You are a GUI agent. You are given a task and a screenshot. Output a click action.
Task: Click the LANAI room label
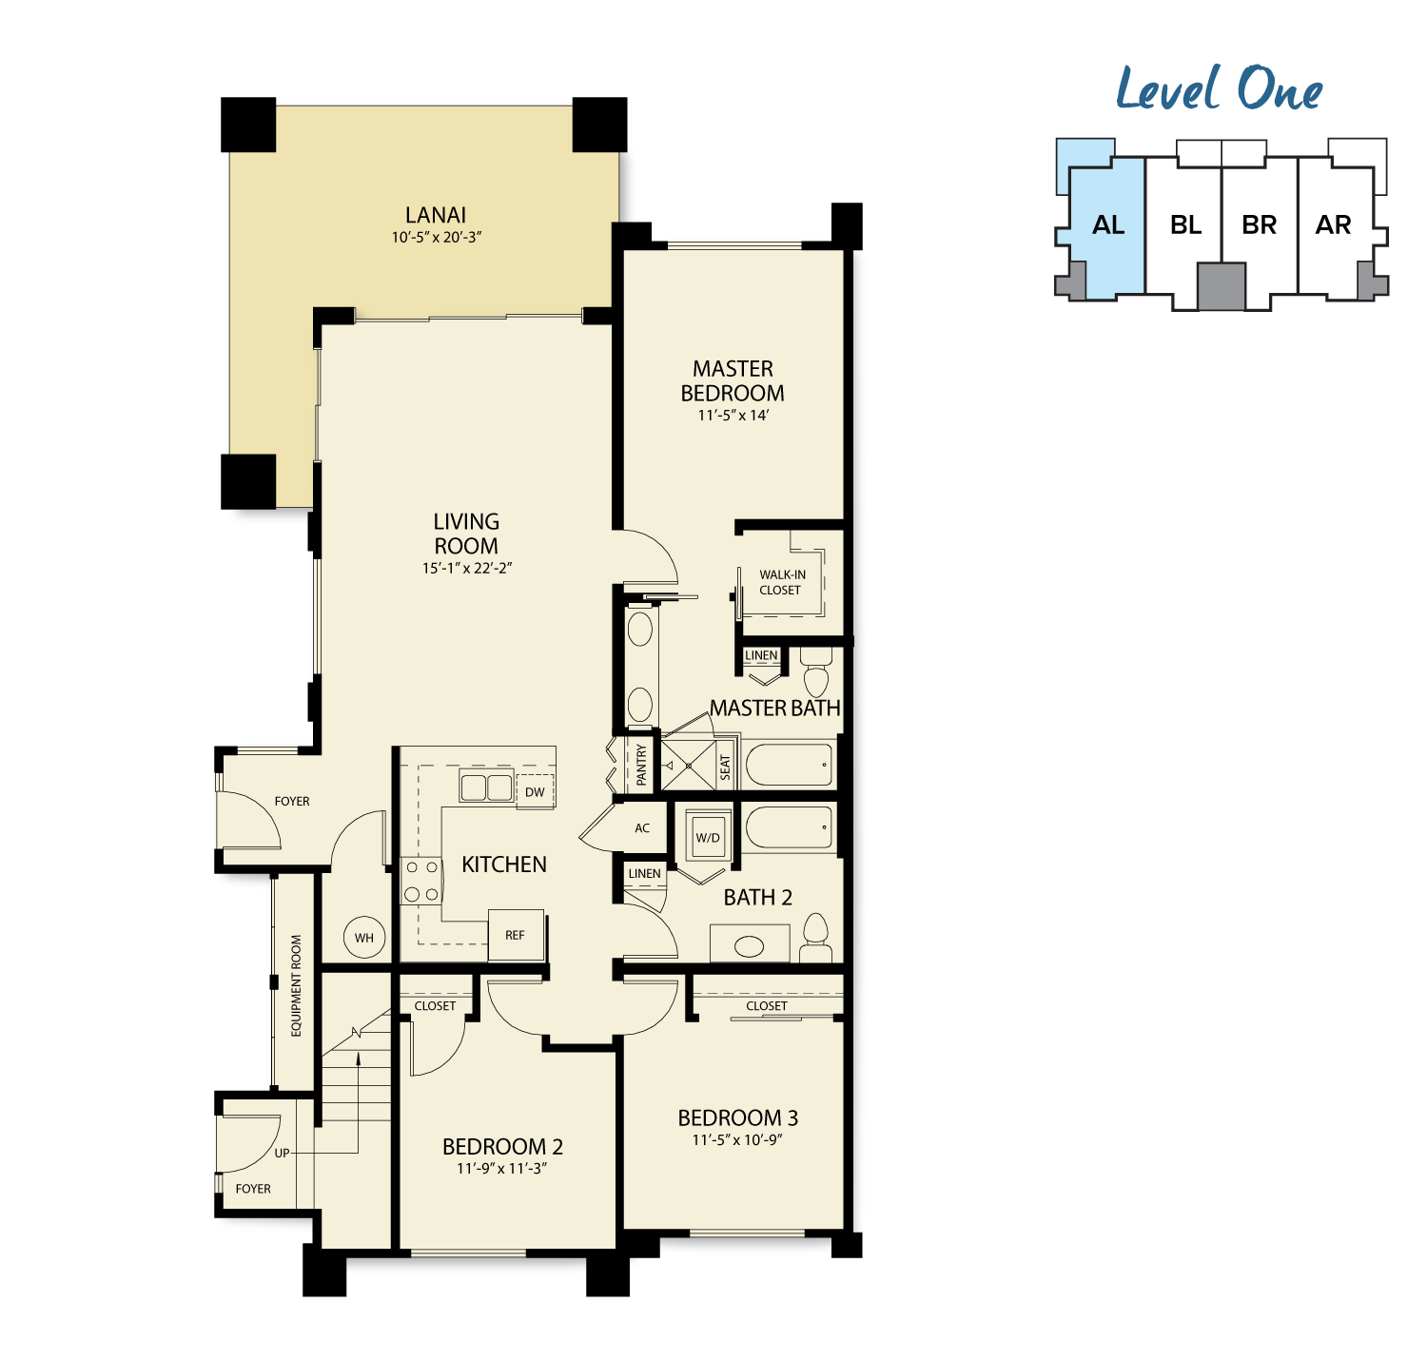tap(435, 215)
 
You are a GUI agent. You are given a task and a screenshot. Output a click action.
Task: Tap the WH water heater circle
tap(363, 937)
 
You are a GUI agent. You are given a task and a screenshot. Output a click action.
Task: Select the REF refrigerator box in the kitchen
tap(516, 935)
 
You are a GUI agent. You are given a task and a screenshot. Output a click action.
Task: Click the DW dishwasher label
tap(535, 792)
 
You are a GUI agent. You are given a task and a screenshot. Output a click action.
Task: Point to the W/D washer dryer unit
tap(708, 837)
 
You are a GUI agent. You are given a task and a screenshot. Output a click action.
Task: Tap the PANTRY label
tap(641, 764)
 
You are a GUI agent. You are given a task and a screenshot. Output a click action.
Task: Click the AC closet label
tap(642, 828)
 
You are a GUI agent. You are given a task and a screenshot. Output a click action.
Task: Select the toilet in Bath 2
tap(816, 938)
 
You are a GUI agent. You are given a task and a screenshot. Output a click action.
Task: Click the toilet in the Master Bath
tap(816, 672)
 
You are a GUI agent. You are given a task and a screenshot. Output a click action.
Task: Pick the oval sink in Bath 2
tap(749, 946)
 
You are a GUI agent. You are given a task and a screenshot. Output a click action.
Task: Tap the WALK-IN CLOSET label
tap(782, 582)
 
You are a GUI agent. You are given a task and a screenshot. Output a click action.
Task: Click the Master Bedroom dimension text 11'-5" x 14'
tap(733, 416)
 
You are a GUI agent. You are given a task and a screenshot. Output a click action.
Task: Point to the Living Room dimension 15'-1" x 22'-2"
tap(467, 568)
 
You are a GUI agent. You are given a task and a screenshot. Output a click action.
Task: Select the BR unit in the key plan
tap(1259, 225)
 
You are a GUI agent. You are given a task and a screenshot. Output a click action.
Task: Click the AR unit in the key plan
tap(1334, 225)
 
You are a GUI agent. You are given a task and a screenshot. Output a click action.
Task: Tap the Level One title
tap(1219, 89)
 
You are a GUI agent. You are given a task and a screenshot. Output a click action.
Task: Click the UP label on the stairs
tap(282, 1154)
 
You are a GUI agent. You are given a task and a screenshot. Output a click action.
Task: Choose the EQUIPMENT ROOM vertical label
tap(296, 985)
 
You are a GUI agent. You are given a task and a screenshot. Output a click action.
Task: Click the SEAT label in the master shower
tap(725, 767)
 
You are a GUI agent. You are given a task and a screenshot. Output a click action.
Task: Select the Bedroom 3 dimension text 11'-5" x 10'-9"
tap(736, 1140)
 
